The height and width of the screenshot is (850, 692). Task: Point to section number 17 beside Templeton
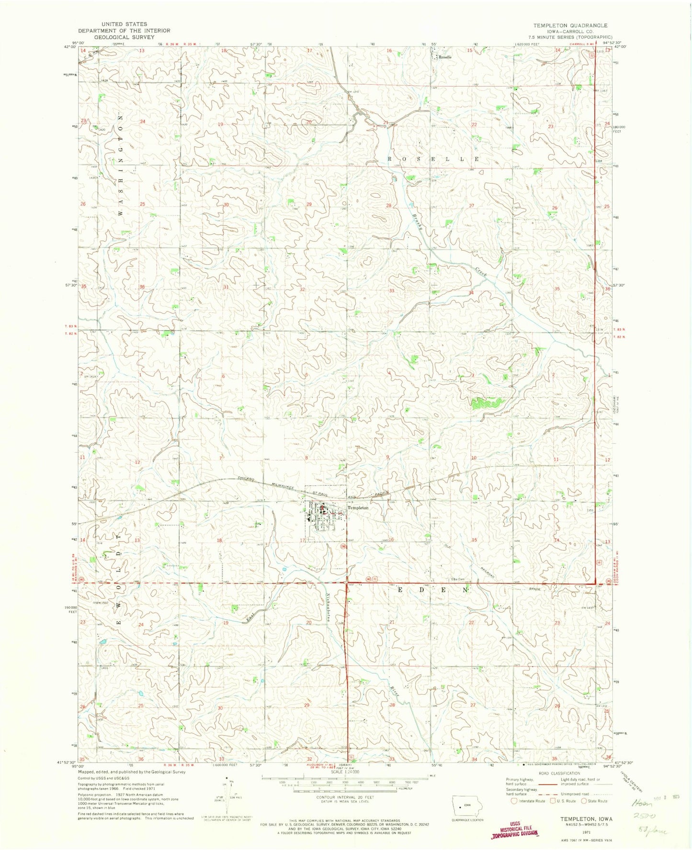tap(302, 540)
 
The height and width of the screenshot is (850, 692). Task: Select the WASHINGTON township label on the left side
tap(121, 165)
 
